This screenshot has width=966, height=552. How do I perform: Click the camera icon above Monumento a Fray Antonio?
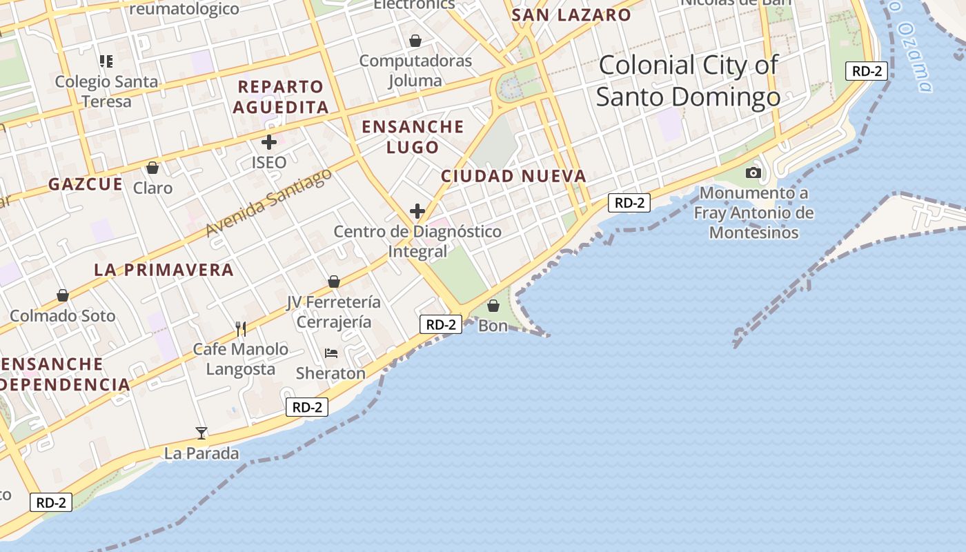[x=753, y=172]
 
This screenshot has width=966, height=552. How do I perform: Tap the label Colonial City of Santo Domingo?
[x=688, y=81]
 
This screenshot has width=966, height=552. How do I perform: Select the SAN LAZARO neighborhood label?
[x=571, y=15]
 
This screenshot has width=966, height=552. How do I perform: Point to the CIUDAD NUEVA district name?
[x=513, y=176]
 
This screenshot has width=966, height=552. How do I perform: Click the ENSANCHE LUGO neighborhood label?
[x=413, y=137]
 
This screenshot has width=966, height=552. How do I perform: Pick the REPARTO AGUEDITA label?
[x=280, y=97]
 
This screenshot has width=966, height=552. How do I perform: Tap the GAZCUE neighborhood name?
[x=86, y=184]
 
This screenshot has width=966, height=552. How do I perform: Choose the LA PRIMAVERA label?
[x=164, y=270]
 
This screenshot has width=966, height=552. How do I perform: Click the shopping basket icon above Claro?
[x=152, y=168]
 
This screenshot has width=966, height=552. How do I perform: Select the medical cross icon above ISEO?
[x=269, y=143]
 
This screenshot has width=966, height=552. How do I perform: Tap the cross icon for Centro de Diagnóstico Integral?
[x=417, y=211]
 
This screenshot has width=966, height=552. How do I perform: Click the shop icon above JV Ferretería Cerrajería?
[x=334, y=282]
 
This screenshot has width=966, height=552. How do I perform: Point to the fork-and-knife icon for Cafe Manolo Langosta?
[x=240, y=328]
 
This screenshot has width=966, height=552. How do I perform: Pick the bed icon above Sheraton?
[x=331, y=353]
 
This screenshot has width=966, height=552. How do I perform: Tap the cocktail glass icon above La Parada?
[x=201, y=433]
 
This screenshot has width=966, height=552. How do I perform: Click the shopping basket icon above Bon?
[x=493, y=305]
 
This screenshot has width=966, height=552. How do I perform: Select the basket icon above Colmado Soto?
[x=63, y=295]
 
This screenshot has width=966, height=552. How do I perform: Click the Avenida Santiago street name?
[x=269, y=202]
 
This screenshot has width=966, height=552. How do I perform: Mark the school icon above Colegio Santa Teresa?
[x=106, y=61]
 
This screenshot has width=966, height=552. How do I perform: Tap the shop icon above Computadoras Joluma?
[x=415, y=41]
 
